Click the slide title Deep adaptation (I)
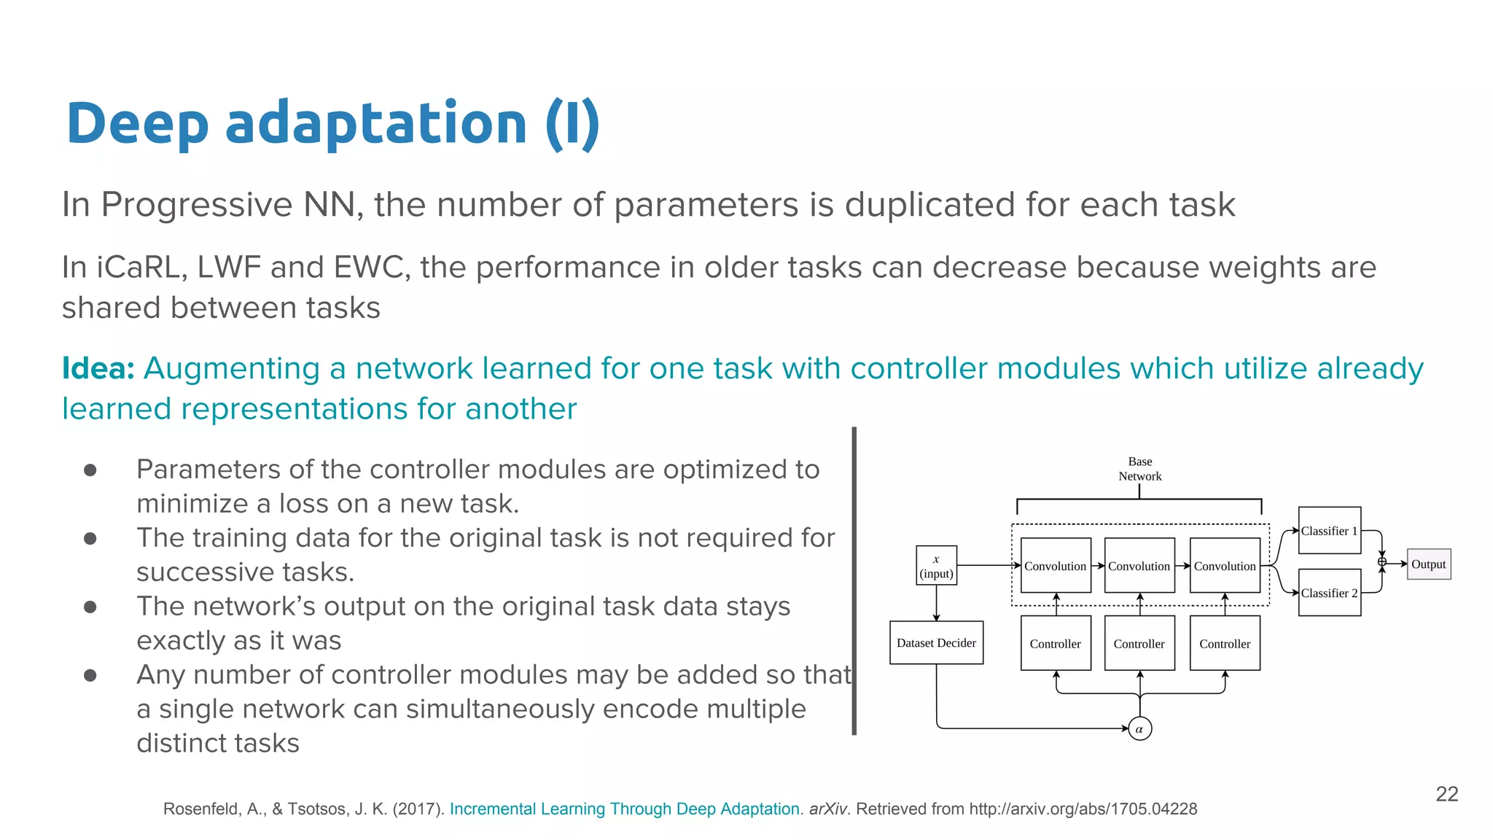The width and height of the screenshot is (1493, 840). (332, 124)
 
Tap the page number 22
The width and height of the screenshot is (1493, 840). (1446, 794)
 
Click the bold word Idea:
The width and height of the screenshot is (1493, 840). (98, 368)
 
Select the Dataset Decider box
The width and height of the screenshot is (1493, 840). (936, 643)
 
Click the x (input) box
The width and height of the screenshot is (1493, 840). (936, 566)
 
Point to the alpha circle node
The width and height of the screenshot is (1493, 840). (1139, 728)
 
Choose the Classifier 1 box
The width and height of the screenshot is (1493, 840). (1329, 531)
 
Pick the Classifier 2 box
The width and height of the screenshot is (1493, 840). (1329, 593)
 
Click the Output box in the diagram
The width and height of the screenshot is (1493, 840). (1428, 564)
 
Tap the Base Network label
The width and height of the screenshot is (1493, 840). (1139, 469)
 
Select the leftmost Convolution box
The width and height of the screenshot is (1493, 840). (1055, 566)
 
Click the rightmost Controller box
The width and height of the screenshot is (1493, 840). (1224, 644)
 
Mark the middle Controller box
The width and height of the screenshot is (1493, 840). (1139, 644)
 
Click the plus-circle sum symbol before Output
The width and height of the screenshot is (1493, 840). (1381, 561)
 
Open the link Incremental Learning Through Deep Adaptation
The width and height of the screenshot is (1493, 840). (624, 809)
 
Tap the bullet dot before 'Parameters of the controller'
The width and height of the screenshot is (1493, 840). (90, 470)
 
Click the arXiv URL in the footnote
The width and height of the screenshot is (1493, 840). (1083, 809)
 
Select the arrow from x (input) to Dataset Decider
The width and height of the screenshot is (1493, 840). (936, 603)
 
